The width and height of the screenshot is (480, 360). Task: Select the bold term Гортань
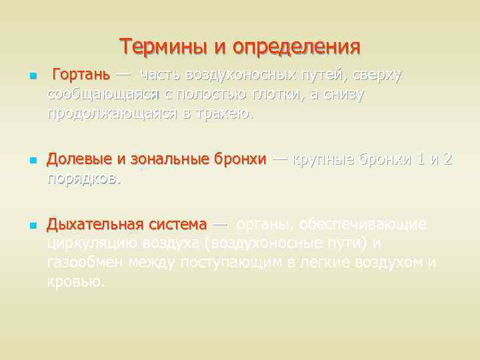81,75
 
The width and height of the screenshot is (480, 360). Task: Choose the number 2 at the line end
448,160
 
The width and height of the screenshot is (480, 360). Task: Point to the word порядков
84,179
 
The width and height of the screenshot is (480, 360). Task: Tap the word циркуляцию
89,243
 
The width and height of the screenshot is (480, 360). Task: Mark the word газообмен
86,262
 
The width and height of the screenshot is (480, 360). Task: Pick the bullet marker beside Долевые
29,161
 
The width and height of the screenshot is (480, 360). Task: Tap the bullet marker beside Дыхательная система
29,225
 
